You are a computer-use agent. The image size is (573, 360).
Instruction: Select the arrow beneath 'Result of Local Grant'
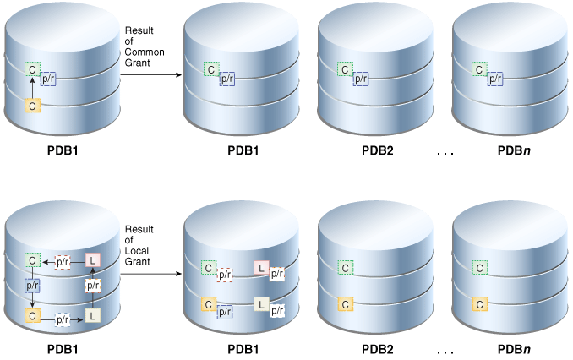coord(151,273)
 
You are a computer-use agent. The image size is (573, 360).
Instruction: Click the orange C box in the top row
coord(32,106)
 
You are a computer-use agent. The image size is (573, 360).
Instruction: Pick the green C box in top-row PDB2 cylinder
coord(345,69)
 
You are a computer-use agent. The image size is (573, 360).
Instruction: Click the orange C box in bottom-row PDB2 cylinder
coord(345,304)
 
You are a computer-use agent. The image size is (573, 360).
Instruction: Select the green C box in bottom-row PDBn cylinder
coord(480,268)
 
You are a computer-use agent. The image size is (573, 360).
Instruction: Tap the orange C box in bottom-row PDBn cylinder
coord(480,304)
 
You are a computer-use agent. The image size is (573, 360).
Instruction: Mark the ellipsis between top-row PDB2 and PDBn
coord(446,153)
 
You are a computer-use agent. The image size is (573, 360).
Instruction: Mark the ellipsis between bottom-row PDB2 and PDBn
coord(446,350)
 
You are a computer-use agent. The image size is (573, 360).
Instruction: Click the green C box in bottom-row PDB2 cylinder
coord(345,268)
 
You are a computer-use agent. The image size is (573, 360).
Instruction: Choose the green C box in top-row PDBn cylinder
coord(480,69)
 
